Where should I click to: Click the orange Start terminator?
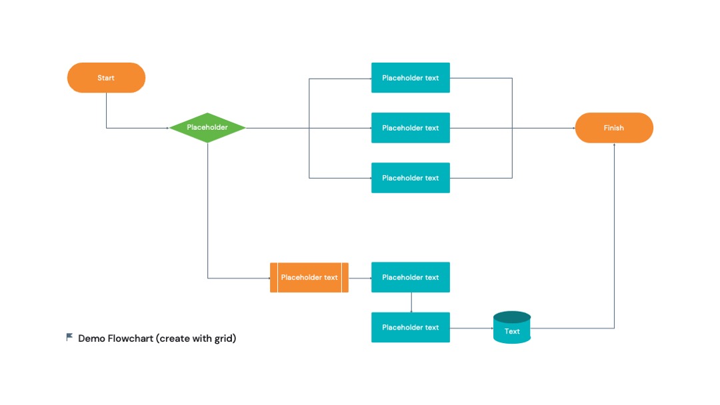tap(106, 77)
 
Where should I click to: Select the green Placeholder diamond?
tap(207, 127)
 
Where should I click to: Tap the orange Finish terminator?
tap(614, 128)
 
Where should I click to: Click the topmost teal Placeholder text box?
tap(411, 77)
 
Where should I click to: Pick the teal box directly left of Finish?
tap(411, 128)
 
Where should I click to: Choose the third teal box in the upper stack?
tap(411, 178)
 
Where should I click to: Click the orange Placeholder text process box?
tap(309, 278)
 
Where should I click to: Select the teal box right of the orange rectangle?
tap(411, 278)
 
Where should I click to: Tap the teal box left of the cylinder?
tap(411, 328)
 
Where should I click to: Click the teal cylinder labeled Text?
tap(512, 328)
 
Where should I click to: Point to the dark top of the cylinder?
tap(512, 317)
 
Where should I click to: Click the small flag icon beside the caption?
tap(69, 337)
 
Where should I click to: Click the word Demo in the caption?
tap(91, 338)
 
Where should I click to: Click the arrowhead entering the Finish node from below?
tap(615, 145)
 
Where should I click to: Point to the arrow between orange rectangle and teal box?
tap(360, 278)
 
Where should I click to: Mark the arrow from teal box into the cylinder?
tap(471, 328)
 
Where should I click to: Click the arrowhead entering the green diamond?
tap(167, 128)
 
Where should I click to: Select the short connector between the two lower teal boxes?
tap(411, 302)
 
